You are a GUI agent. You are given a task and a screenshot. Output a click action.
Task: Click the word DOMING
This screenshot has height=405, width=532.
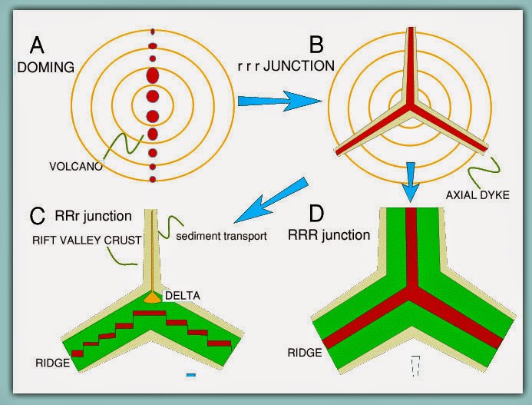45,67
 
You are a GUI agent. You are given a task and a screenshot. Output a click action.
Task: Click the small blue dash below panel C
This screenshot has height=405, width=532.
191,375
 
